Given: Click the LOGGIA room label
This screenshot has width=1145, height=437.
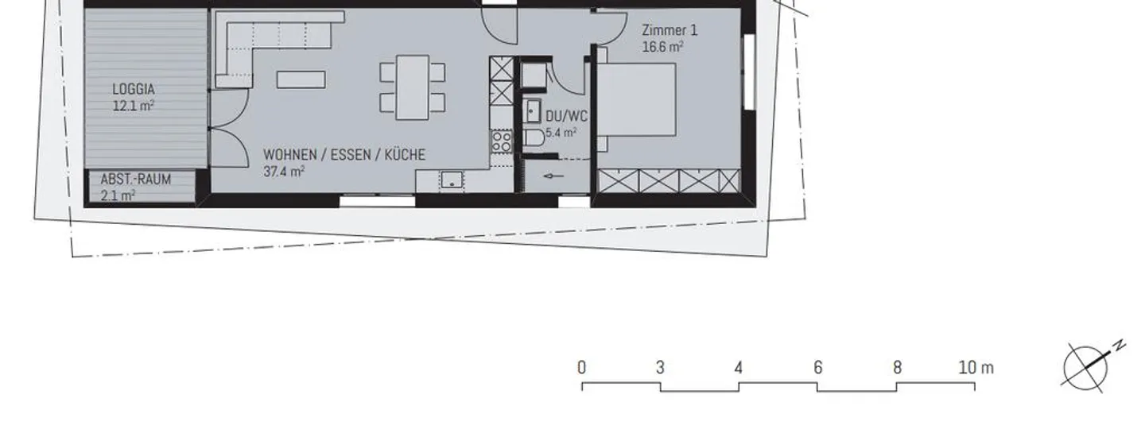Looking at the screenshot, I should point(133,89).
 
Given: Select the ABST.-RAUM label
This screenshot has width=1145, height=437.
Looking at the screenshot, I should point(135,180).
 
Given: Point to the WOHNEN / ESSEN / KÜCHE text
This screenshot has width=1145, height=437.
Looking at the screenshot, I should point(343,155).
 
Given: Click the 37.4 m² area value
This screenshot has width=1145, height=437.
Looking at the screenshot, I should point(284,170).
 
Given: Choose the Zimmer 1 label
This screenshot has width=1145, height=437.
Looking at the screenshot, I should point(670,32).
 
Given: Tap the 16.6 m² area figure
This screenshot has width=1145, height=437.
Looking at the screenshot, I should point(663,47).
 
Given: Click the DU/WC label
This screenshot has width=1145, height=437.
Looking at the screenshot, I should point(566,116).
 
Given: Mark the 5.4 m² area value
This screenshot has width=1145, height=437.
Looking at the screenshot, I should point(561,133).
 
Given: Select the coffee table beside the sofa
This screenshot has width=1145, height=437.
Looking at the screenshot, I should point(301,79).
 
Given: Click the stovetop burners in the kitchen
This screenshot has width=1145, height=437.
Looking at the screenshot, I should point(501,141).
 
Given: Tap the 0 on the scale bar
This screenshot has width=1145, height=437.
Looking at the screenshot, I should point(582,368).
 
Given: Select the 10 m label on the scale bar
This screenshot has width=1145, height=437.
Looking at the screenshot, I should point(976,368).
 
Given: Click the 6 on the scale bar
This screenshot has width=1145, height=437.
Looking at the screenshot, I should point(817,368).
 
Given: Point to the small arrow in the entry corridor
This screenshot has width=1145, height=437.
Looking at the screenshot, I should point(553,176).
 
